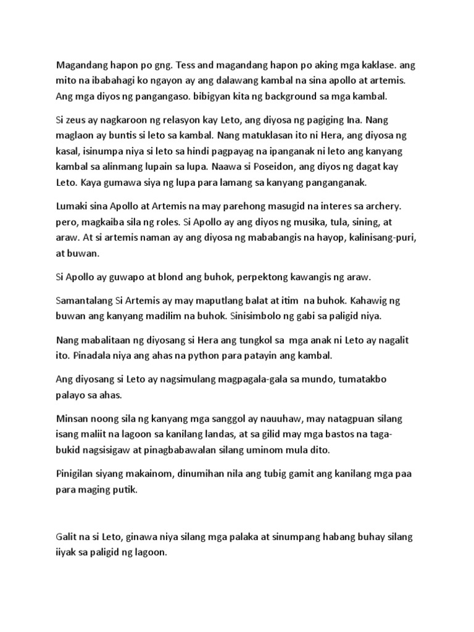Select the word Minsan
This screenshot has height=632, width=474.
click(x=72, y=419)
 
